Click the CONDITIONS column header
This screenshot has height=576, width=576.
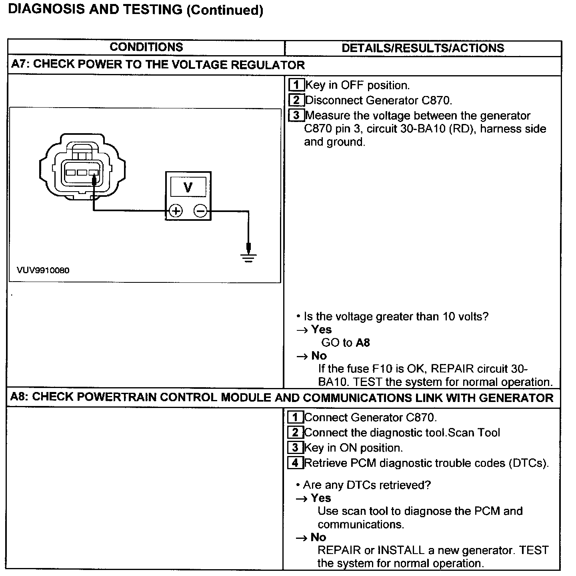click(x=146, y=47)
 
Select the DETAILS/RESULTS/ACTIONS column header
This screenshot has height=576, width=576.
click(x=423, y=48)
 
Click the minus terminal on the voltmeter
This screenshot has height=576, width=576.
click(x=200, y=211)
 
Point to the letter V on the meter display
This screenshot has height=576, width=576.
click(x=188, y=187)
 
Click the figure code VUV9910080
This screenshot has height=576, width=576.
click(x=43, y=270)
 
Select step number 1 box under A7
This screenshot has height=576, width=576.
click(x=296, y=85)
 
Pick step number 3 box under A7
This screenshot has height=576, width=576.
click(x=296, y=116)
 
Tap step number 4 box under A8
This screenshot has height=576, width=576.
click(x=295, y=463)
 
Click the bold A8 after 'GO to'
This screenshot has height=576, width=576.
click(x=363, y=343)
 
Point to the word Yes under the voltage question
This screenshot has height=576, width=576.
click(x=321, y=330)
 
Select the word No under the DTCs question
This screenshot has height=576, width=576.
click(x=318, y=537)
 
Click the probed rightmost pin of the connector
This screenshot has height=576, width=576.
click(x=94, y=173)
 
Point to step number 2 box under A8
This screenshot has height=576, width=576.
click(x=295, y=433)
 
